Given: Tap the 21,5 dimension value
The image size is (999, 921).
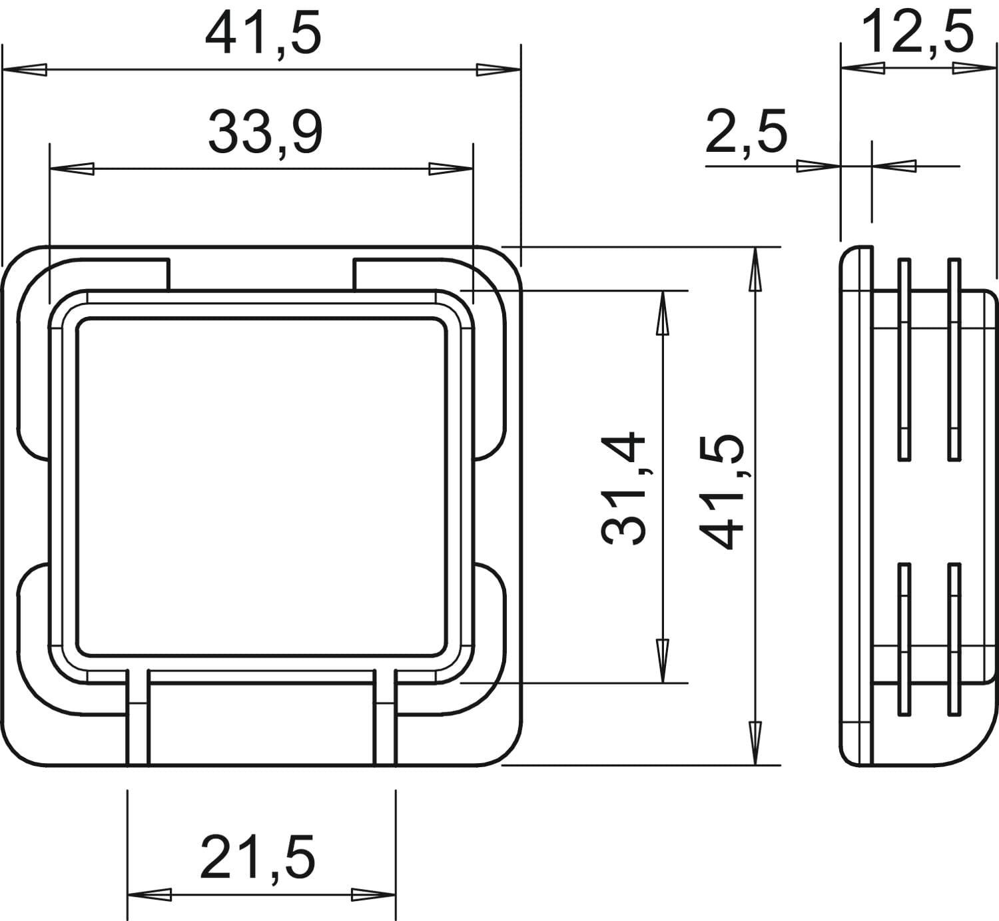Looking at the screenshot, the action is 258,857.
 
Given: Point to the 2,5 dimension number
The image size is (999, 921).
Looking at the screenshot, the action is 746,133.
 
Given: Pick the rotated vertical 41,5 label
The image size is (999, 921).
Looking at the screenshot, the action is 721,491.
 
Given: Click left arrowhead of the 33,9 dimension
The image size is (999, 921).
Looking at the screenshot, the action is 72,168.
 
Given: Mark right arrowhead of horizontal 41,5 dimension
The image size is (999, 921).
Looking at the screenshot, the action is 498,69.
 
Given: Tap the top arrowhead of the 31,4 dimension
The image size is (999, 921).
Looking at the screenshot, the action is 663,314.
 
